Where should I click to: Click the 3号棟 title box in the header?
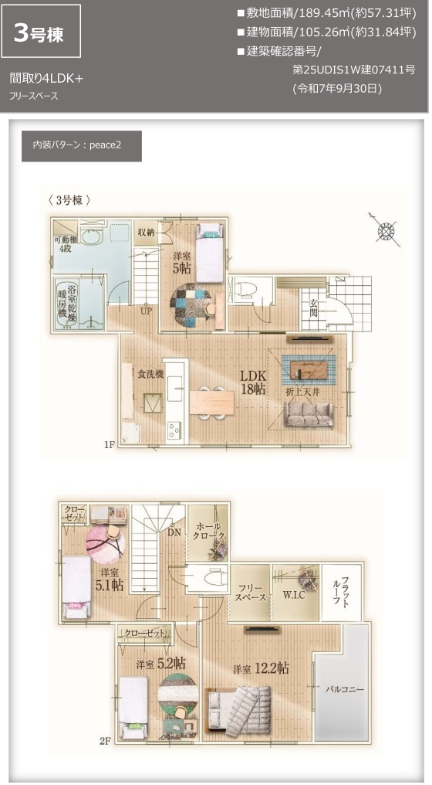click(42, 32)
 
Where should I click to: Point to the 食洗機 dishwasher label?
click(150, 374)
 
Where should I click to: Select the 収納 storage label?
click(146, 230)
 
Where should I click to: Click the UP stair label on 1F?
click(145, 312)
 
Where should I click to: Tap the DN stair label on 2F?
click(175, 532)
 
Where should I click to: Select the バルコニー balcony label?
click(344, 687)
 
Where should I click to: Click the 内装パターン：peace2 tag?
click(82, 146)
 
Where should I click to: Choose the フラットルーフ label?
click(345, 592)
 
